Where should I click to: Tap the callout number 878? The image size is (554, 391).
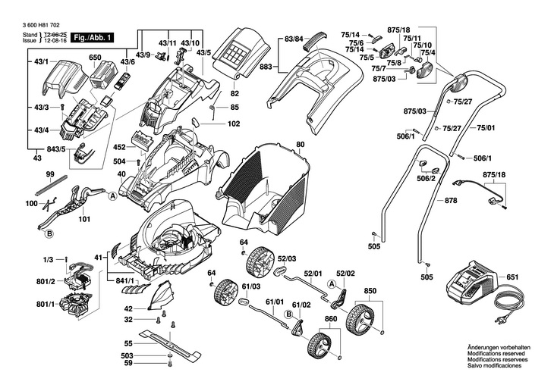(451, 200)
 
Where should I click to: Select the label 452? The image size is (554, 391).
(120, 148)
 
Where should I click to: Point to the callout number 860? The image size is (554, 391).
(330, 321)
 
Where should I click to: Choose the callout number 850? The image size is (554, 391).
(370, 291)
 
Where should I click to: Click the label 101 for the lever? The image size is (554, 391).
(84, 219)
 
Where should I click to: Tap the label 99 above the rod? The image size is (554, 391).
(50, 175)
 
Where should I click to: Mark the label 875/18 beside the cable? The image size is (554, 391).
(495, 174)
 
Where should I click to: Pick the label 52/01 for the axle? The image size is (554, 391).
(313, 273)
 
